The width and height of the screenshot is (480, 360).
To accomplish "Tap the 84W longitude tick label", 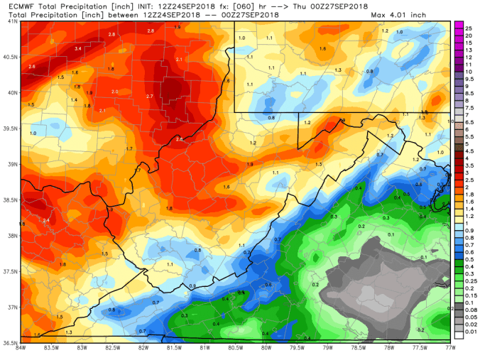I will (x=21, y=349).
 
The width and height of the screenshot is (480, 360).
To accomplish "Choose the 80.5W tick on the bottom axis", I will (x=235, y=349).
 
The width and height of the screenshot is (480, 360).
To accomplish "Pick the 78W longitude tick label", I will (x=389, y=349).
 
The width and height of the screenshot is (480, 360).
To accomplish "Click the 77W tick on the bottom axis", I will (x=449, y=349).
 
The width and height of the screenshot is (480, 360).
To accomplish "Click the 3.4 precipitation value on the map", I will (x=78, y=48).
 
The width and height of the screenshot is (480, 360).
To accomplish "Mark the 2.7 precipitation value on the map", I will (x=149, y=96).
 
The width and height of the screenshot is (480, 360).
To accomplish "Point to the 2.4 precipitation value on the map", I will (x=47, y=221).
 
